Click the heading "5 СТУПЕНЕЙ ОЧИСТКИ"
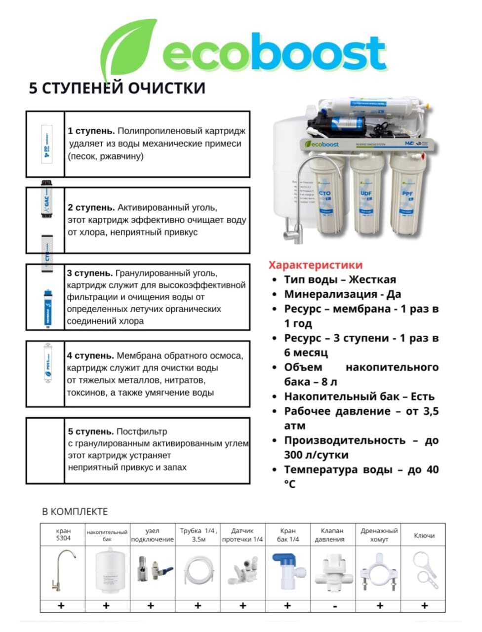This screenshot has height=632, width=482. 117,88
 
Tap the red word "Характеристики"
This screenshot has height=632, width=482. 315,265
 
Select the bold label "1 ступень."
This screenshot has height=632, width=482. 91,131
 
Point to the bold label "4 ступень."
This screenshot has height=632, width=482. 91,355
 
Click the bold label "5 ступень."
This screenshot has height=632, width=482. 91,432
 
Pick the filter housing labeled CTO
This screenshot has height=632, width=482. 326,197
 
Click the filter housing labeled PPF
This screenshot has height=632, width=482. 408,197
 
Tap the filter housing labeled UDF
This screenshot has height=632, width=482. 367,197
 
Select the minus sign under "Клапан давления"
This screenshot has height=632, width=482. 335,606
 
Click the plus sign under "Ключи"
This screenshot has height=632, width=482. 424,606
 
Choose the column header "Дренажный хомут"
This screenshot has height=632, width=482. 379,535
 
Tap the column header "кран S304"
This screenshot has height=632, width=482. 63,535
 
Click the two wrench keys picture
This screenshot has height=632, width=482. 425,570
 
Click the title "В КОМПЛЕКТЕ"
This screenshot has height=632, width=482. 75,512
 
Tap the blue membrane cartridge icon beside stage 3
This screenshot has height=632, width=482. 47,307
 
